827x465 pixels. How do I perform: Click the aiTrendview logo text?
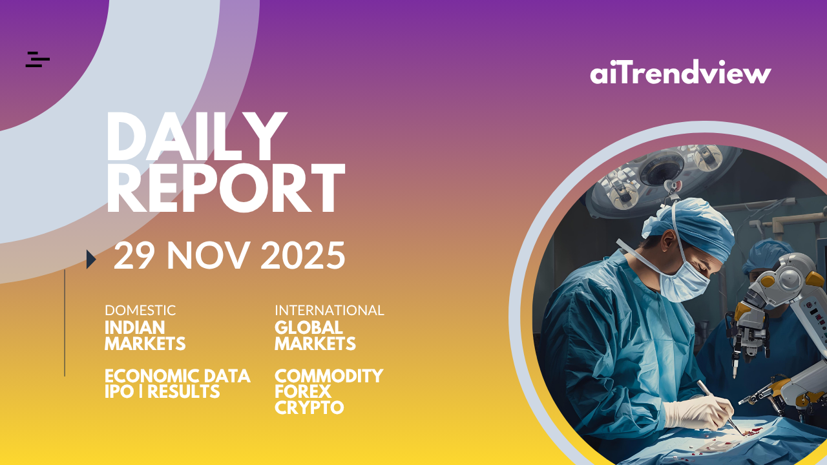coord(680,72)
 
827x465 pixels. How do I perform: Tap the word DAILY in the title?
coord(196,136)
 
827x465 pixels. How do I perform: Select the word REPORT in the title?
coord(225,188)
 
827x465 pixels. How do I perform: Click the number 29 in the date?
coord(134,255)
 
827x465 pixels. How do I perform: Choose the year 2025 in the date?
coord(303,255)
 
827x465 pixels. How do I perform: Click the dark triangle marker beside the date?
coord(91,259)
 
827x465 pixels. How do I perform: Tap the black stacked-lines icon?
coord(37,59)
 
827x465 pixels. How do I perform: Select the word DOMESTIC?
coord(140,311)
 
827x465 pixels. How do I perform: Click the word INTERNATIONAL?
coord(330,311)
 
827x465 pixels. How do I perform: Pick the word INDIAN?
coord(135,327)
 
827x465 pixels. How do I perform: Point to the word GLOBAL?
coord(309,327)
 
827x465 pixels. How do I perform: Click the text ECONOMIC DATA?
coord(178,376)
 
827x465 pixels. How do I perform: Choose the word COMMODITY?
coord(329,376)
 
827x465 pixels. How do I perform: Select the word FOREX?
coord(303,391)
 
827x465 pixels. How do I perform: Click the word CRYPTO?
coord(309,408)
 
